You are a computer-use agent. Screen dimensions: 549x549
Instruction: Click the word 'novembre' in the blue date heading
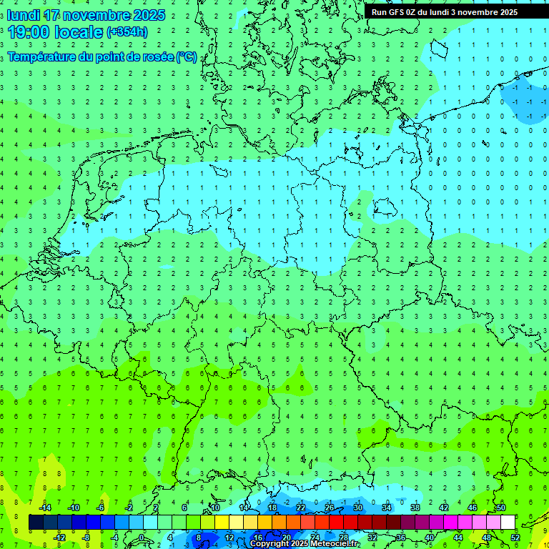click(97, 15)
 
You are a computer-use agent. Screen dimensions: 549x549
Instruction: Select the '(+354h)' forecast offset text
click(127, 32)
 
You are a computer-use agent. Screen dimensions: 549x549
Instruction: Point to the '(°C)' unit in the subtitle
click(187, 57)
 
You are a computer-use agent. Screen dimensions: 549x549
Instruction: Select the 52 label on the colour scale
click(515, 538)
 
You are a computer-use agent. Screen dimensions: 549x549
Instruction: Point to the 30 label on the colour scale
click(357, 508)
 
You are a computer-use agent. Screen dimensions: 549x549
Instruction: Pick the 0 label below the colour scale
click(142, 538)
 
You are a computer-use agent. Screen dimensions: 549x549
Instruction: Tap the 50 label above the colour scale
click(500, 508)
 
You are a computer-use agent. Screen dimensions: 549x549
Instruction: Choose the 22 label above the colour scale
click(300, 508)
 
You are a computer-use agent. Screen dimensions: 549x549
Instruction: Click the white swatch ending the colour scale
click(508, 523)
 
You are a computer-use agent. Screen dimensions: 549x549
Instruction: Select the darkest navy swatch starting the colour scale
click(36, 523)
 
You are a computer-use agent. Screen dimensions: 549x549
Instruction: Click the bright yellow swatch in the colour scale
click(222, 523)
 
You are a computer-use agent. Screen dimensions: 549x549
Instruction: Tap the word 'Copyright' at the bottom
click(269, 544)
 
